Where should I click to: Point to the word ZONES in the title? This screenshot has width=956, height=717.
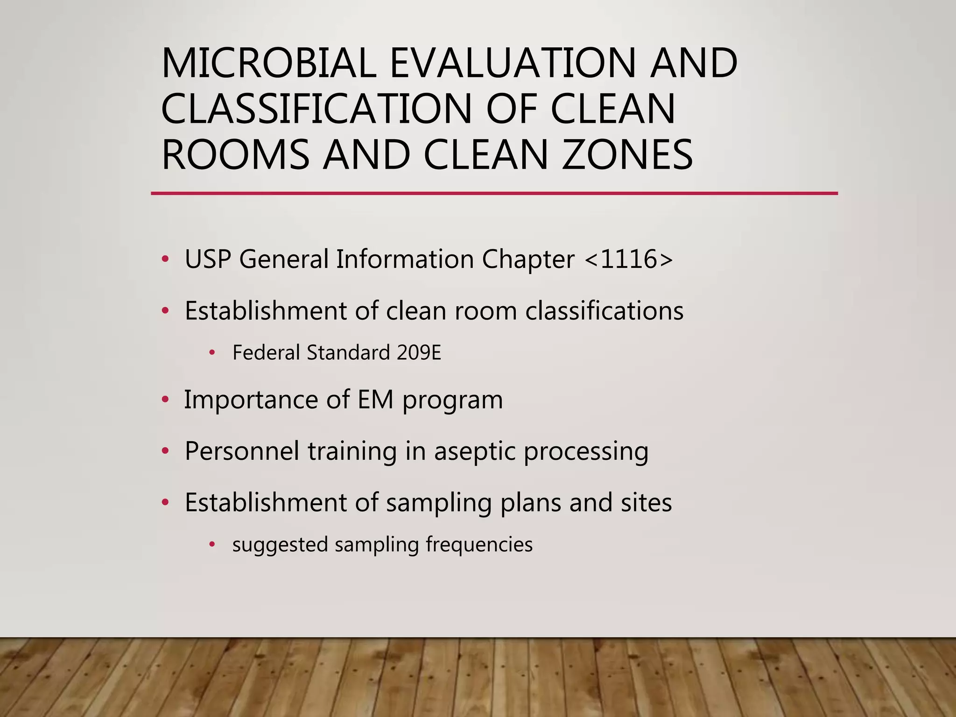coord(627,155)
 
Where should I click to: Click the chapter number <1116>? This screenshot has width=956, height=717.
coord(628,259)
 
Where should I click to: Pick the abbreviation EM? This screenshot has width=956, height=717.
coord(375,400)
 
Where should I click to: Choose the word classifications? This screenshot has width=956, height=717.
coord(604,311)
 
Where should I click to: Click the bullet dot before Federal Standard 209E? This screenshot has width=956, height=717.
coord(212,353)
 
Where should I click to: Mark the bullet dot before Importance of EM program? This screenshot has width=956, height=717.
coord(165,400)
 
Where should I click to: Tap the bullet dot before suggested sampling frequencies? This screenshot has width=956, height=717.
coord(212,544)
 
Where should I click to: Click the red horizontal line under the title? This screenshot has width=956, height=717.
coord(494,193)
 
